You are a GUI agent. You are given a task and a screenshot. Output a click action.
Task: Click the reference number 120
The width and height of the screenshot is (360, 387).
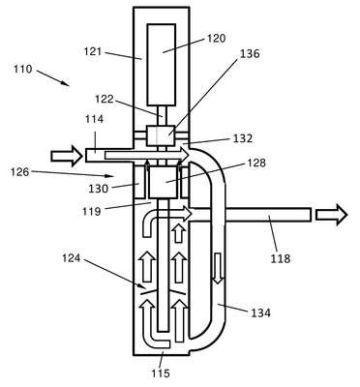point(216,39)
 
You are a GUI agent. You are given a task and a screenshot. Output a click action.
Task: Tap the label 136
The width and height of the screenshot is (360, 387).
point(250,53)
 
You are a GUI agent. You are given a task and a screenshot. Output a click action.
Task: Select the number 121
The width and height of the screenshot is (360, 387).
point(93,51)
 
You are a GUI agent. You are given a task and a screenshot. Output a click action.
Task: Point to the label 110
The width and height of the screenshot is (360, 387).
point(23,69)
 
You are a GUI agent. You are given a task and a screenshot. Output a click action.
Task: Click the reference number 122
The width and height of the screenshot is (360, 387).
point(105,99)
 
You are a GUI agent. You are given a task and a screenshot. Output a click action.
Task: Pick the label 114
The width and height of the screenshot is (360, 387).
point(95,119)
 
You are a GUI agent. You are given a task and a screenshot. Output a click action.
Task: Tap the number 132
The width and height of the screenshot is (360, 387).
point(243,138)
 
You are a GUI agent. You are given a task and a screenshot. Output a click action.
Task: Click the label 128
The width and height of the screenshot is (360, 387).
point(256,163)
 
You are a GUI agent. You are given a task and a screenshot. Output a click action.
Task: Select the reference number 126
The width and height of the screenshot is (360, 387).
point(19,172)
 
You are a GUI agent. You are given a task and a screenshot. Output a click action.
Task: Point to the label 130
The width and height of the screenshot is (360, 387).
point(99,189)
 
